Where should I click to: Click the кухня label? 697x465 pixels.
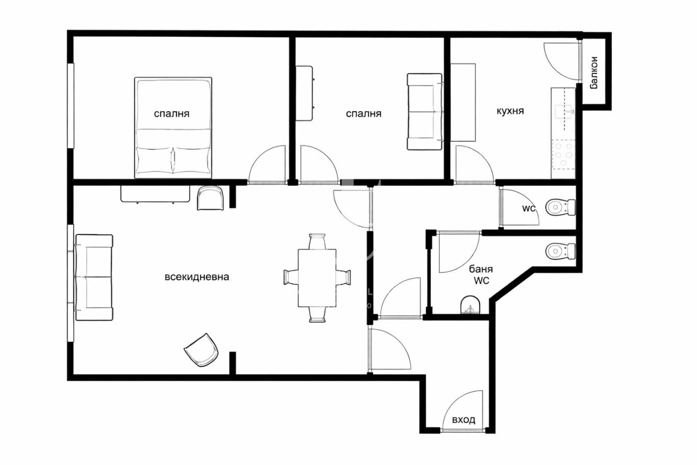(510, 111)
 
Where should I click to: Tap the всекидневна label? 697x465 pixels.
(196, 277)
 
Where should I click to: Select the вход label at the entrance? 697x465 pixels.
(464, 420)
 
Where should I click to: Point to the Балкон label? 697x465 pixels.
(594, 73)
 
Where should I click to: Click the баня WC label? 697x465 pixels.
(481, 275)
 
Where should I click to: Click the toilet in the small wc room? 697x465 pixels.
(560, 207)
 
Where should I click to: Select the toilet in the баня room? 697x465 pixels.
(560, 251)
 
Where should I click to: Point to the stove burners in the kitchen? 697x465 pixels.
(564, 154)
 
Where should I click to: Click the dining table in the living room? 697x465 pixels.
(317, 278)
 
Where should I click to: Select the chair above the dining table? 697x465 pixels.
(317, 241)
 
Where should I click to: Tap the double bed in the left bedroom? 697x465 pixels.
(173, 128)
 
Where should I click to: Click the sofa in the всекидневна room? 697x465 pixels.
(94, 277)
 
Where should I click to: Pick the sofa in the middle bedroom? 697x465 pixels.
(425, 112)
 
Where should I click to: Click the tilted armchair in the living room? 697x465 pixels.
(202, 350)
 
